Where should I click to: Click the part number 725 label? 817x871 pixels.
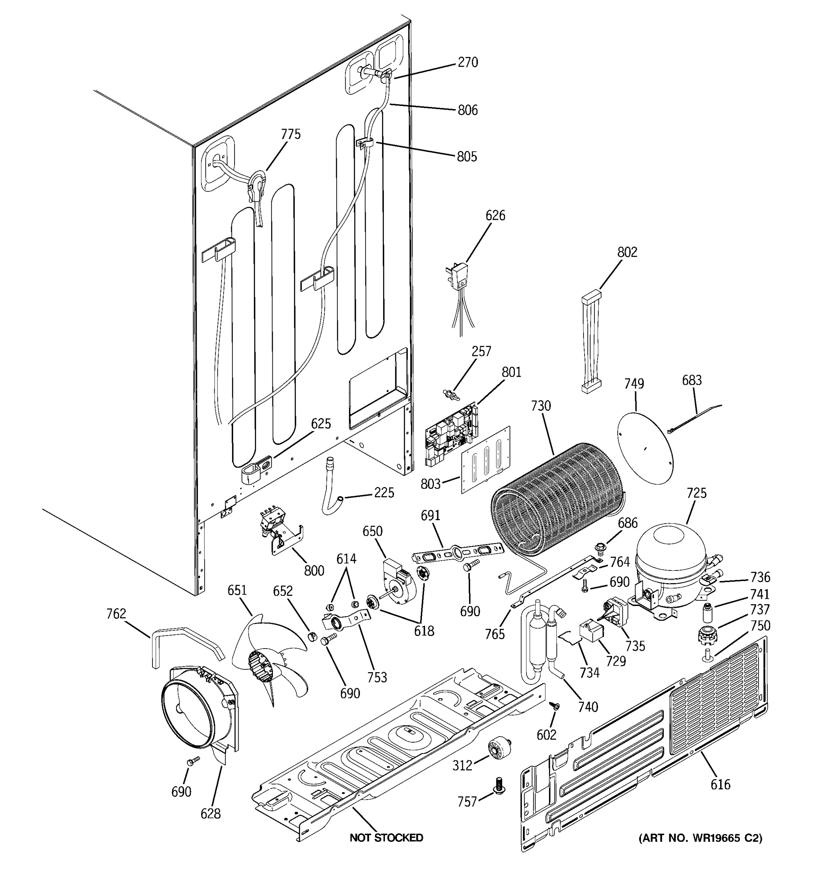click(696, 493)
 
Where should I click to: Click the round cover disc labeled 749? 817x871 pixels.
click(644, 448)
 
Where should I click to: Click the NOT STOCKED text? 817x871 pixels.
click(386, 838)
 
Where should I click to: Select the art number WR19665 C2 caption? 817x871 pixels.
click(700, 838)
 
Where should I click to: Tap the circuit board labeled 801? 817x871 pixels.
click(451, 433)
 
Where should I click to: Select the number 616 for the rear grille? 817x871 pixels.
click(720, 784)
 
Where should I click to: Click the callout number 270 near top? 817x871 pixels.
click(468, 63)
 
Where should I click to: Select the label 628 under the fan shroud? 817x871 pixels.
click(210, 814)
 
